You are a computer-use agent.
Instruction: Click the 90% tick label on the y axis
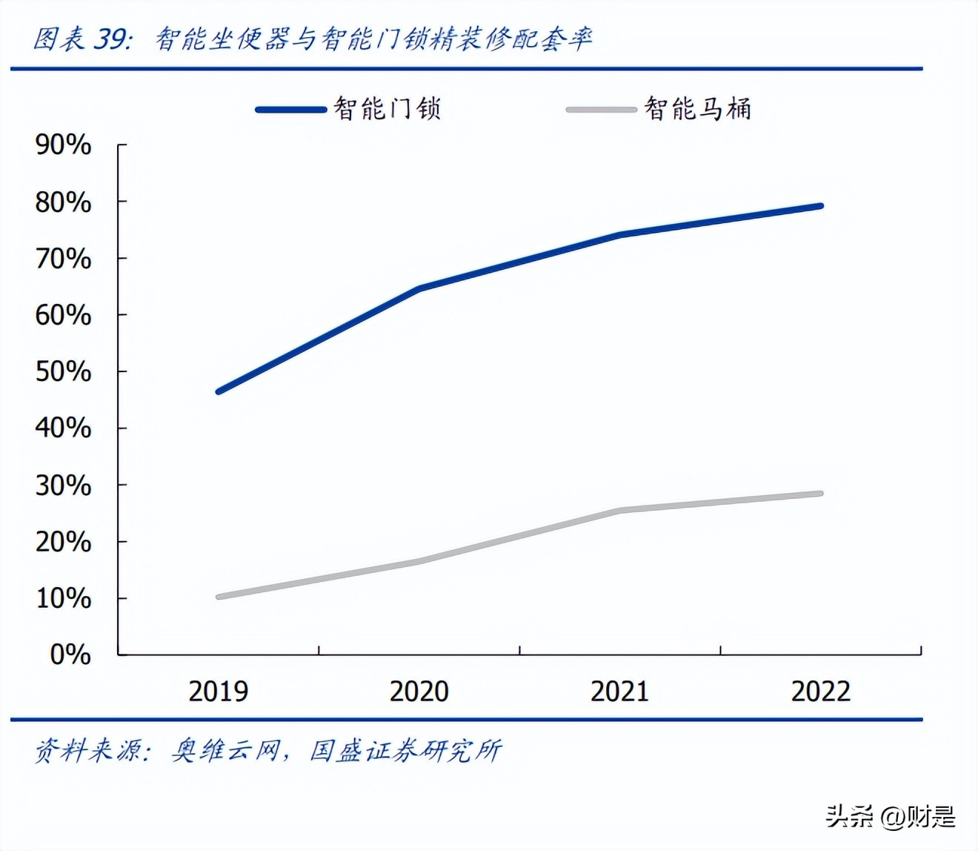tap(64, 145)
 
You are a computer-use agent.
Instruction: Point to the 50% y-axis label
tap(64, 371)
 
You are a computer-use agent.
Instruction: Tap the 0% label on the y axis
tap(70, 654)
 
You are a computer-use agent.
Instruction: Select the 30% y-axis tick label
tap(64, 485)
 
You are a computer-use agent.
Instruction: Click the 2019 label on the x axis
tap(218, 691)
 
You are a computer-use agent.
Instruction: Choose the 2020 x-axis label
tap(419, 691)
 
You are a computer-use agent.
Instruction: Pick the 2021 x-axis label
tap(619, 691)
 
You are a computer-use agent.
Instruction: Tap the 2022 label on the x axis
tap(821, 691)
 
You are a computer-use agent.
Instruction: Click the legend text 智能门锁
tap(387, 109)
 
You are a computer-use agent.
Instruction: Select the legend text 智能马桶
tap(698, 109)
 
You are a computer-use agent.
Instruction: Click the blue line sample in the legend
tap(290, 110)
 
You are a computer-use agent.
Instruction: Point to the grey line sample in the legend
tap(601, 110)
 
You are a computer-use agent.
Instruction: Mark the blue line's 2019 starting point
tap(219, 391)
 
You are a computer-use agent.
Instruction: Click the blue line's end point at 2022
tap(820, 206)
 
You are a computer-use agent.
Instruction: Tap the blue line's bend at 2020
tap(419, 288)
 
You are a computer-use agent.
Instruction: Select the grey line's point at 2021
tap(619, 511)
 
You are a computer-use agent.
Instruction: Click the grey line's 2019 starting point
tap(219, 596)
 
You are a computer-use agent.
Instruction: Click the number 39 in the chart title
tap(110, 39)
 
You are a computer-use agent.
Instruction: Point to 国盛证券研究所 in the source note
tap(405, 751)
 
